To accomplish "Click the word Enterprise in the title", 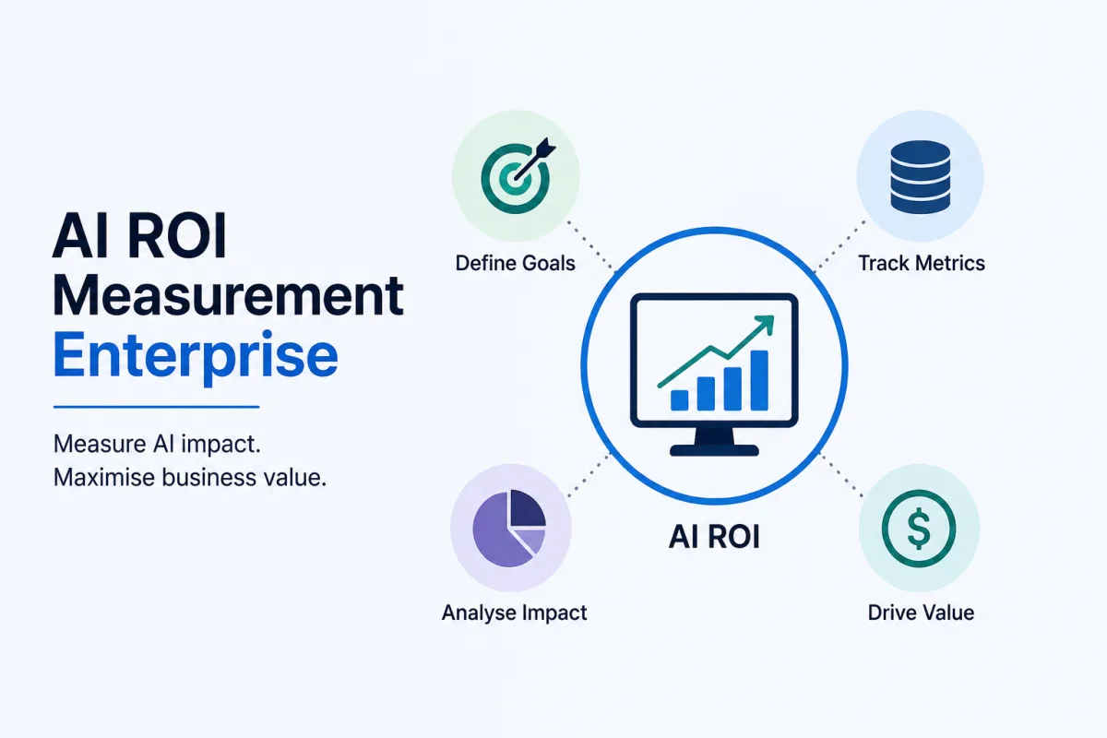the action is pyautogui.click(x=196, y=357).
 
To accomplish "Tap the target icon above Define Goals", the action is pyautogui.click(x=517, y=176).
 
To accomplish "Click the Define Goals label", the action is pyautogui.click(x=516, y=263).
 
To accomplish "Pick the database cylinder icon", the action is pyautogui.click(x=921, y=177).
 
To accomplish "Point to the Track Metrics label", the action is pyautogui.click(x=922, y=263).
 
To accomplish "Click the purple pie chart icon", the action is pyautogui.click(x=509, y=528).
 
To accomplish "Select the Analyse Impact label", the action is pyautogui.click(x=514, y=613).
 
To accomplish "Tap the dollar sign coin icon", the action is pyautogui.click(x=919, y=528).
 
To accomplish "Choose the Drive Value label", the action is pyautogui.click(x=922, y=613).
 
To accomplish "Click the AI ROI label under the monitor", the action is pyautogui.click(x=714, y=537).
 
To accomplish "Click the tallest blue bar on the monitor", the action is pyautogui.click(x=759, y=380).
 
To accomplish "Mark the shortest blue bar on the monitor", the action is pyautogui.click(x=680, y=400).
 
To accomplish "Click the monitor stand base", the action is pyautogui.click(x=714, y=450).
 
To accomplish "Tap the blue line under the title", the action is pyautogui.click(x=156, y=407).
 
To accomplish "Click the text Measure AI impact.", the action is pyautogui.click(x=157, y=445).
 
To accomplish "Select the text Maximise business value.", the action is pyautogui.click(x=190, y=478).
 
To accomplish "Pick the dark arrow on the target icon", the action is pyautogui.click(x=535, y=159).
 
